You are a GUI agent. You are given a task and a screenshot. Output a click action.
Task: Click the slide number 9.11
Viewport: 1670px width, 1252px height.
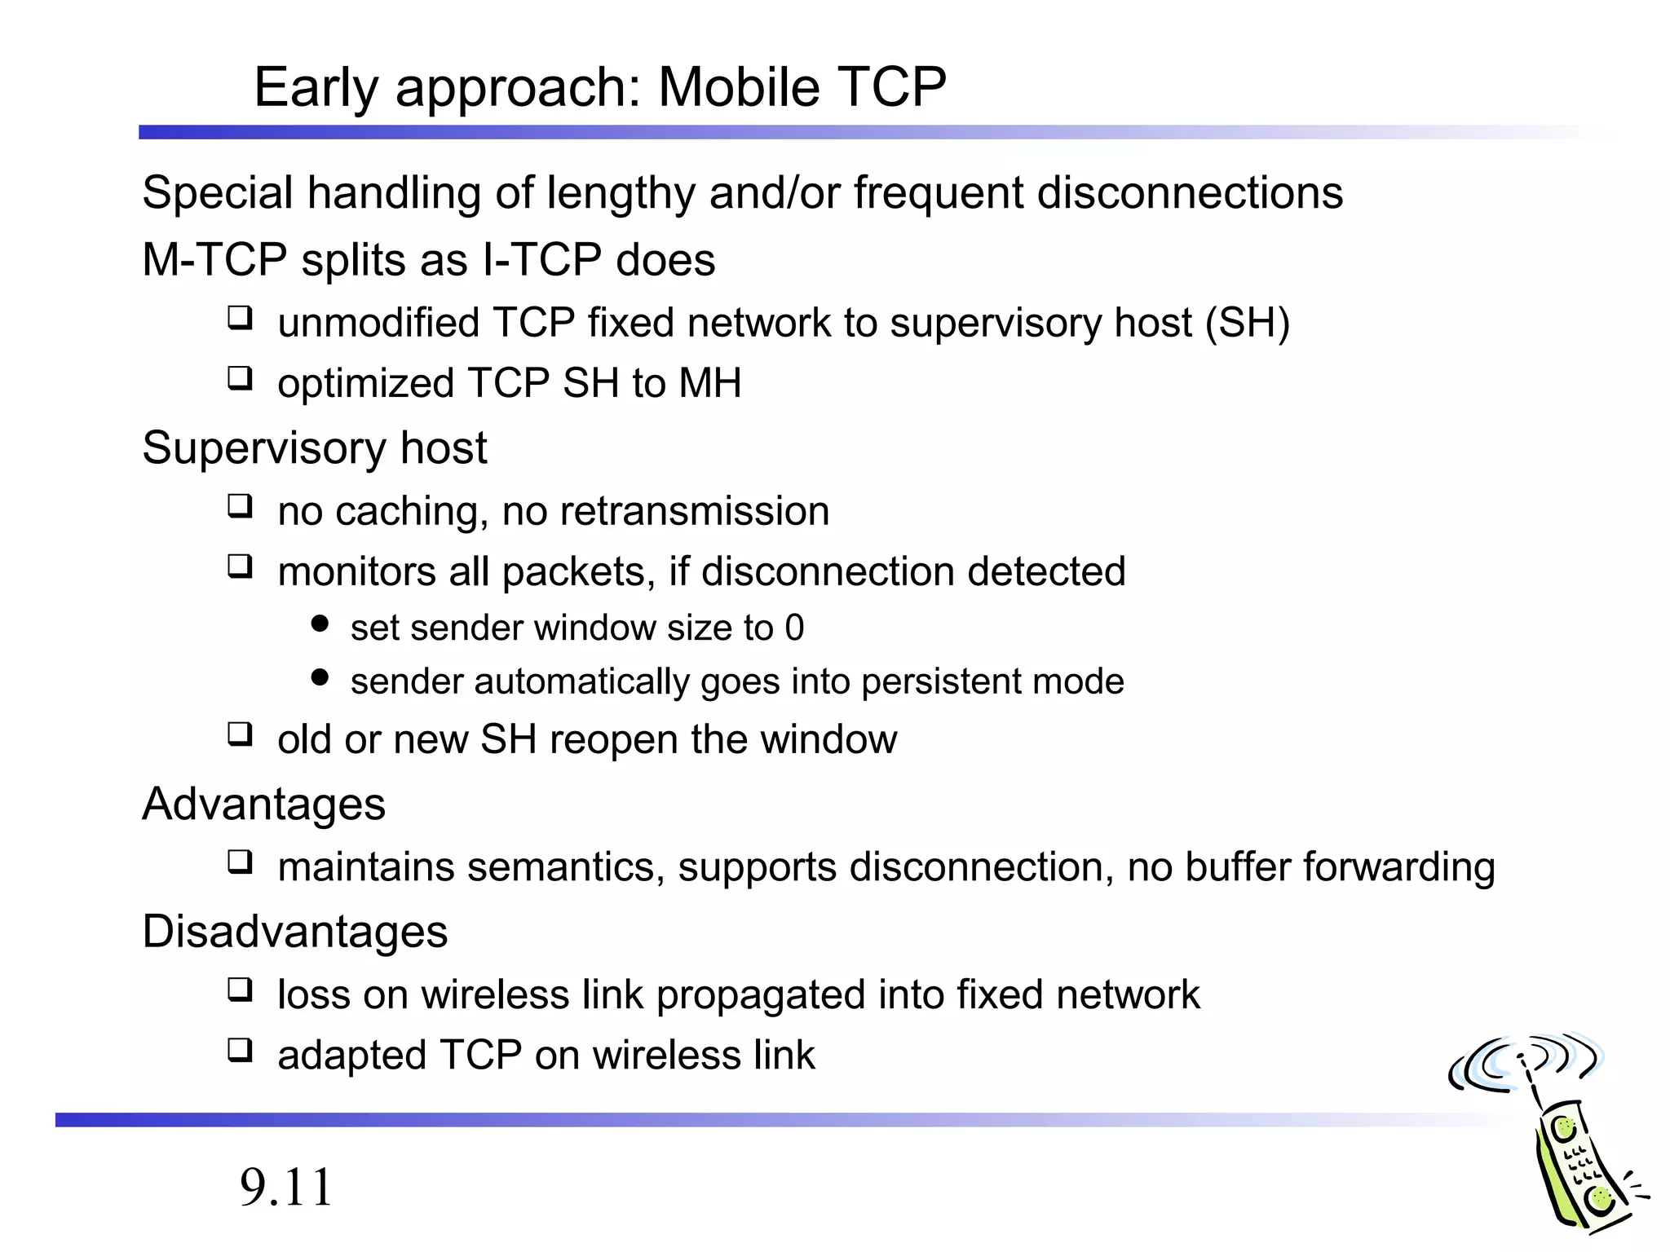coord(286,1187)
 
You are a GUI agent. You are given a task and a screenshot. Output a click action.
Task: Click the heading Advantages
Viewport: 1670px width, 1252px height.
coord(263,805)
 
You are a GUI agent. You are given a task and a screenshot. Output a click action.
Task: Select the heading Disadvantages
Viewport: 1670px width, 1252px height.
coord(294,932)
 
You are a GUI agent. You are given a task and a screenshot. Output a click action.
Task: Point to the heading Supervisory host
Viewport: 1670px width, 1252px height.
coord(314,448)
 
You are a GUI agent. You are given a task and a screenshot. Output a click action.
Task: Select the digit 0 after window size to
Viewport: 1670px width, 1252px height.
coord(794,628)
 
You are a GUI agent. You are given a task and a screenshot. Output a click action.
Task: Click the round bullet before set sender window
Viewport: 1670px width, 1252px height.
coord(320,625)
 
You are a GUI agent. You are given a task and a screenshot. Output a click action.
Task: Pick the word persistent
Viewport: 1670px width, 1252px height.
coord(943,682)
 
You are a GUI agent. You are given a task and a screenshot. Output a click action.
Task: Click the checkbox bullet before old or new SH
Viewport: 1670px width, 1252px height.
coord(240,734)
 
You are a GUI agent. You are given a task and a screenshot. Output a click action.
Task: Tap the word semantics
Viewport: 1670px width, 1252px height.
coord(562,867)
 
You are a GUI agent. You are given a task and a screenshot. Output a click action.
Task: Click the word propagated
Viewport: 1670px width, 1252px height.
coord(760,995)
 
